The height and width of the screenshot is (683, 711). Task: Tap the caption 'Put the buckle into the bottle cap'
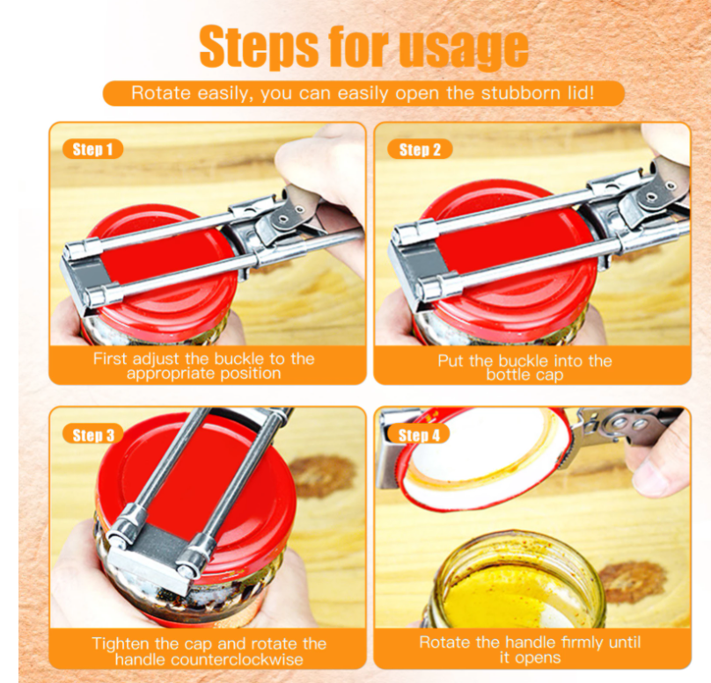(x=524, y=367)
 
